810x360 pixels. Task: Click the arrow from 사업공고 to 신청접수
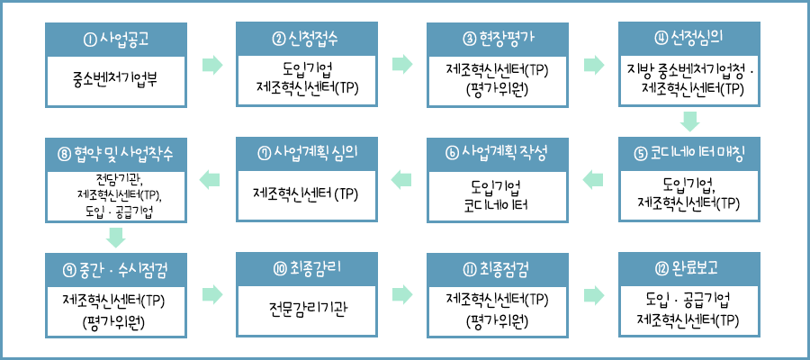(x=211, y=64)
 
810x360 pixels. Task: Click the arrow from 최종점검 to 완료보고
(x=594, y=293)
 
